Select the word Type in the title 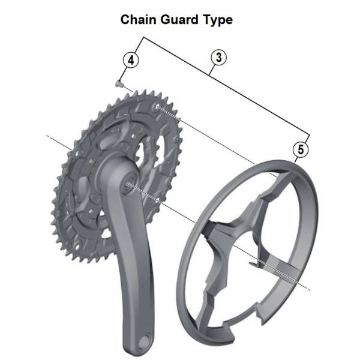pos(218,20)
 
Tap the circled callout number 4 pos(131,61)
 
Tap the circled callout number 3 pos(219,58)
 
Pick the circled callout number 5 pos(301,149)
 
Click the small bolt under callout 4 pos(119,83)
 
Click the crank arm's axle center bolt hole pos(128,184)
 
